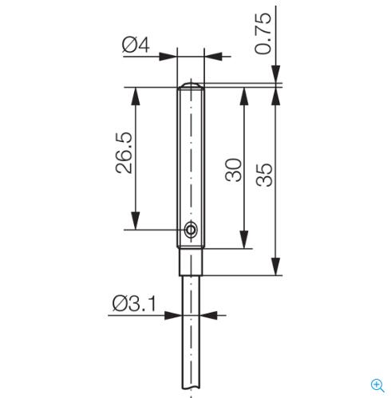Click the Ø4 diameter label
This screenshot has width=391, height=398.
(136, 45)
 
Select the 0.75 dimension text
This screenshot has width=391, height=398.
(263, 33)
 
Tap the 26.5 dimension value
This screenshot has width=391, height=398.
(124, 152)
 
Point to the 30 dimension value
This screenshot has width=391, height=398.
(234, 170)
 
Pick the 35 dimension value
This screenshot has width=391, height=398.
(264, 175)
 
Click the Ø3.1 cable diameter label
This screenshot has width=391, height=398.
(134, 303)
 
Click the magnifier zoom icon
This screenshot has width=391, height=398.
(377, 385)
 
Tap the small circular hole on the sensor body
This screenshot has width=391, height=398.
(191, 229)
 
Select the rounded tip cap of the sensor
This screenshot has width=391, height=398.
(191, 85)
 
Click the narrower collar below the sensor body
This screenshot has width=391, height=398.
(191, 262)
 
